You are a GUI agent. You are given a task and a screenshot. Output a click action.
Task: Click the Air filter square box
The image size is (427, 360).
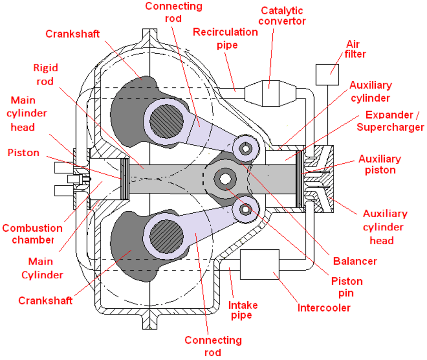pos(327,74)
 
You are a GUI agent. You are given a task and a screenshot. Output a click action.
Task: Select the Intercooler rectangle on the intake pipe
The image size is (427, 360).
pos(260,264)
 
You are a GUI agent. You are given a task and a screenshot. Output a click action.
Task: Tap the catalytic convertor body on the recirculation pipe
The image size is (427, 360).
pos(269,90)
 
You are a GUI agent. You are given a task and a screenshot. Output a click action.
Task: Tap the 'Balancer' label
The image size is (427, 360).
pos(355,261)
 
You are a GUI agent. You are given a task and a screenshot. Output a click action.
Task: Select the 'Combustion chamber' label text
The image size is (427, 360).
pos(32,234)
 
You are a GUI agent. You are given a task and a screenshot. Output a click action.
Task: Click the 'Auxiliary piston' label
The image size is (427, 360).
pos(380,164)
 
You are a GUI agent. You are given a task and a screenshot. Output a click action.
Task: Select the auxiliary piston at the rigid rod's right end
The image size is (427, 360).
pos(299,178)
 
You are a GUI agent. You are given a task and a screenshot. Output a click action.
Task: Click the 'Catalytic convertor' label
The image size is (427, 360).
pos(283,16)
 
